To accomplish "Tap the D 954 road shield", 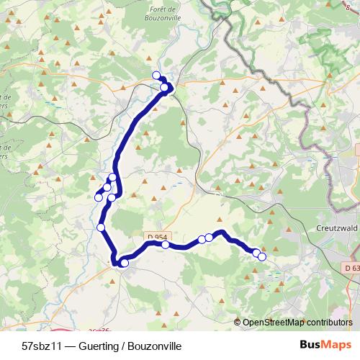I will pyautogui.click(x=156, y=237).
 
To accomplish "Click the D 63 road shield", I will pyautogui.click(x=351, y=268).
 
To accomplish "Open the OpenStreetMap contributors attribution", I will pyautogui.click(x=297, y=323).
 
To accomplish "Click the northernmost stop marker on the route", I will pyautogui.click(x=156, y=75).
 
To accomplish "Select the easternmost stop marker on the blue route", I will pyautogui.click(x=262, y=256).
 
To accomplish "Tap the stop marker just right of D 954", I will pyautogui.click(x=166, y=245).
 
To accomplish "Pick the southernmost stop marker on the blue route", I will pyautogui.click(x=125, y=264).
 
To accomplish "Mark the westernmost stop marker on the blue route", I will pyautogui.click(x=99, y=197).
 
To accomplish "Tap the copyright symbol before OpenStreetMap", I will pyautogui.click(x=238, y=323).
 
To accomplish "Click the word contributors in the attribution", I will pyautogui.click(x=328, y=323).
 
